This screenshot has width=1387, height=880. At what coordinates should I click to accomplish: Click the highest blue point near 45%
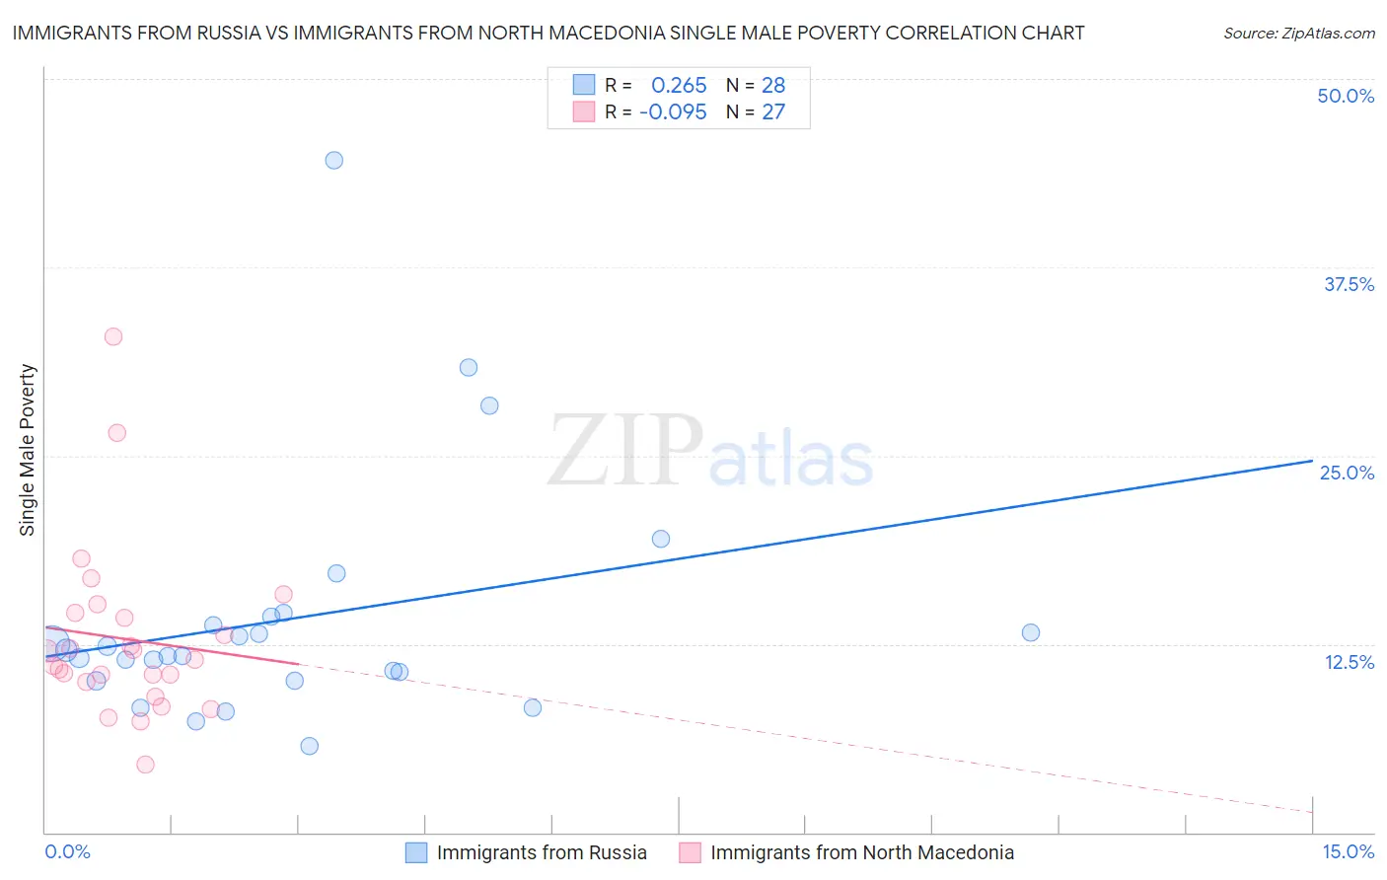pos(334,160)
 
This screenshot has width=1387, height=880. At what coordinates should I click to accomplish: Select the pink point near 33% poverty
pos(113,336)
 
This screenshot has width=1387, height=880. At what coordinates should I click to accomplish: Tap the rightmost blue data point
pos(1031,632)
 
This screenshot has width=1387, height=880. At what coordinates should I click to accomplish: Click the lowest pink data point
pos(145,765)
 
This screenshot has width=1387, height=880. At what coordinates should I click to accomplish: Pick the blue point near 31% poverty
pos(469,367)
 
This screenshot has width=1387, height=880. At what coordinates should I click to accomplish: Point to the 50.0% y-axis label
pos(1346,96)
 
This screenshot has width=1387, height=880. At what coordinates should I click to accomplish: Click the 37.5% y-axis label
pos(1349,284)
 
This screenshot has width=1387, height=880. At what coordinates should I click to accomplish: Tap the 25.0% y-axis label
pos(1347,473)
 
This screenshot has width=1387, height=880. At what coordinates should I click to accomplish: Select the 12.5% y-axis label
pos(1349,662)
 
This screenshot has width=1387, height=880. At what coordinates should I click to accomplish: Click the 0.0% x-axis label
pos(67,851)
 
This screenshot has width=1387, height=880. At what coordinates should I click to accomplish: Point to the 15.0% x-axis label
pos(1348,851)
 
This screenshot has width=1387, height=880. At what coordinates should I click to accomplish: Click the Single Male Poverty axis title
pos(28,450)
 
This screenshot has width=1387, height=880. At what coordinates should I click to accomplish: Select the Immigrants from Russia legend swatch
pos(416,852)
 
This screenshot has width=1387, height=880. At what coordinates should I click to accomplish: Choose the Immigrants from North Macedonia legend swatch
pos(691,852)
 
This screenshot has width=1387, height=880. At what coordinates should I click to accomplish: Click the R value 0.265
pos(679,86)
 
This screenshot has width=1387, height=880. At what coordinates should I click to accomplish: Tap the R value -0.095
pos(673,112)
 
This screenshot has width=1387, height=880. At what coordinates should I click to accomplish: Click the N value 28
pos(773,86)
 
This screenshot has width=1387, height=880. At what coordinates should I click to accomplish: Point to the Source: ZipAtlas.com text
pos(1299,34)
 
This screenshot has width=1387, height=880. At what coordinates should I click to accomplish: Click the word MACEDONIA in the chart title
pos(608,33)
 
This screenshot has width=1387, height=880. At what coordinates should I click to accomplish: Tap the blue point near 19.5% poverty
pos(661,539)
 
